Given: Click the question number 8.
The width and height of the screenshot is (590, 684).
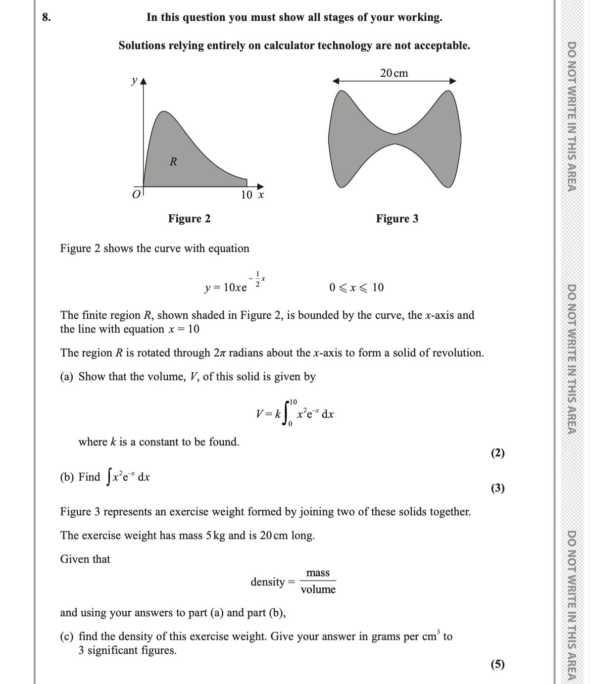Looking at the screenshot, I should click(x=46, y=17).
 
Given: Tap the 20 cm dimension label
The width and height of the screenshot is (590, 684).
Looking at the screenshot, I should click(x=394, y=73).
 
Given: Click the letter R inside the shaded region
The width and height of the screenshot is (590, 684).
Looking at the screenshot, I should click(x=173, y=161).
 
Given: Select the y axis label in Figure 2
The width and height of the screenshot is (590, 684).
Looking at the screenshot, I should click(x=134, y=80).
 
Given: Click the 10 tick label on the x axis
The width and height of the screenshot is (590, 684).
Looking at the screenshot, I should click(x=247, y=195).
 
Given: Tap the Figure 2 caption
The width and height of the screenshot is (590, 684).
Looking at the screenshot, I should click(x=189, y=219).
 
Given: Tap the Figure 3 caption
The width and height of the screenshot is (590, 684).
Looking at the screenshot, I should click(x=397, y=219).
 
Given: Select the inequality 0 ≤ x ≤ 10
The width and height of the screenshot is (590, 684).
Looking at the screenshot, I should click(x=356, y=288).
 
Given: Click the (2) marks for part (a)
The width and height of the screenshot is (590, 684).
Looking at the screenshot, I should click(x=497, y=453).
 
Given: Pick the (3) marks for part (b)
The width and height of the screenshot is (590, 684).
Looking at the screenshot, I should click(x=497, y=489).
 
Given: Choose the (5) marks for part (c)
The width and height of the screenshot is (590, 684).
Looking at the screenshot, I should click(x=497, y=664).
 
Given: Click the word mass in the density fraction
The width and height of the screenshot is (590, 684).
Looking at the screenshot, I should click(x=318, y=573).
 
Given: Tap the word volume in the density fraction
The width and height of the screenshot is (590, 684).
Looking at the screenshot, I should click(x=318, y=589).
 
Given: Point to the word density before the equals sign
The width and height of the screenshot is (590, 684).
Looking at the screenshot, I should click(x=267, y=582).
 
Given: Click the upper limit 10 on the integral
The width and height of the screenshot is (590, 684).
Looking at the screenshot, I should click(x=293, y=401).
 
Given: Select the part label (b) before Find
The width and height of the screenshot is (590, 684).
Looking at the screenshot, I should click(x=67, y=477).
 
